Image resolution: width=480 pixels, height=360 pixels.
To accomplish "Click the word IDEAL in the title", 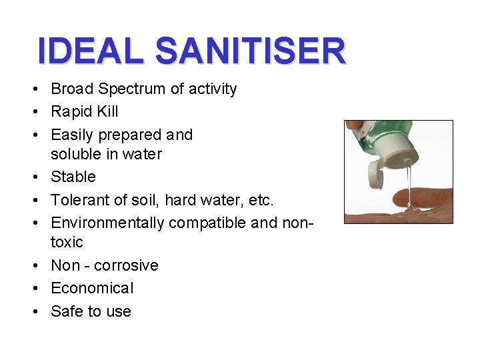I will click(90, 51).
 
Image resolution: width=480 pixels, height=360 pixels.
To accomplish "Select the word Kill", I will click(107, 111).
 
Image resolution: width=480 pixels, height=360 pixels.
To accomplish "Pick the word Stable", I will click(73, 177).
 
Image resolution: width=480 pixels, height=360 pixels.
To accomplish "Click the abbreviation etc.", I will click(260, 199).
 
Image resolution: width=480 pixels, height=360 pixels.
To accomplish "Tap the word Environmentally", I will click(107, 222).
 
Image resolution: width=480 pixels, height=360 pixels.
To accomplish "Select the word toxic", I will click(67, 241).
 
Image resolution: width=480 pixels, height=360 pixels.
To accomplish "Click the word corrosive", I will click(126, 265).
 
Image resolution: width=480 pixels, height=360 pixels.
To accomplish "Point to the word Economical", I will click(92, 288).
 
